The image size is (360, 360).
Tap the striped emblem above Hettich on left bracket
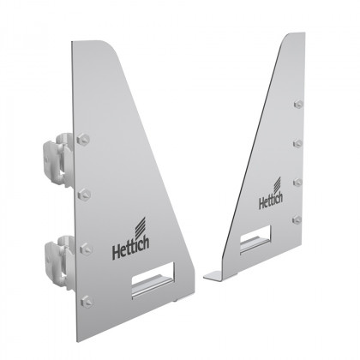coord(139,241)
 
